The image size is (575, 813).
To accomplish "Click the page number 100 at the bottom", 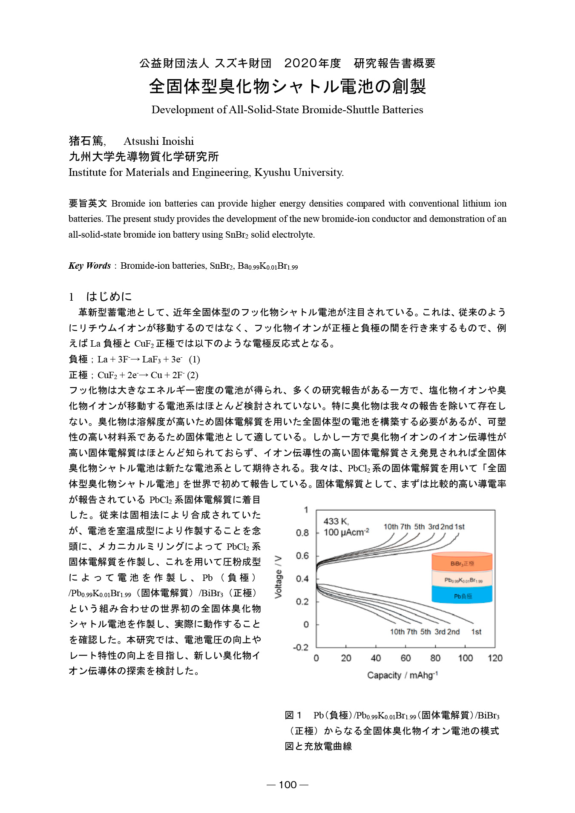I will (x=287, y=784).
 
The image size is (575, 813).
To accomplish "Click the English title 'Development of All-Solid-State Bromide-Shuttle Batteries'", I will (x=287, y=110).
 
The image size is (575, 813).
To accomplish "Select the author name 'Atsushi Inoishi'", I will (x=158, y=141).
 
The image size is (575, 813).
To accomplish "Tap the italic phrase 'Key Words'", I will (x=89, y=266).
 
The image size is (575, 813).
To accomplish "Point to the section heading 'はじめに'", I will (x=109, y=296).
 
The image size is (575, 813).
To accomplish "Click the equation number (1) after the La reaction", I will (x=194, y=359).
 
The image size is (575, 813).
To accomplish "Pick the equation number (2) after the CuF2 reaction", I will (x=193, y=375).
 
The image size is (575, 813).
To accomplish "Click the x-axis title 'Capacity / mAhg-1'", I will (x=402, y=675).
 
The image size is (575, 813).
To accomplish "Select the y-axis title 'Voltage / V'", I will (x=279, y=577).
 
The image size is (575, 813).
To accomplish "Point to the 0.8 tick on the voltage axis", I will (x=302, y=533).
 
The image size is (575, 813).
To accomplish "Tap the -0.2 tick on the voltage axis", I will (x=301, y=647).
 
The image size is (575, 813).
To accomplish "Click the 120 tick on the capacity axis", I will (x=495, y=658).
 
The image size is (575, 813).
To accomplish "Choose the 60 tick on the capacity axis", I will (x=405, y=658).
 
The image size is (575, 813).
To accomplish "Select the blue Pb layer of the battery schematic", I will (x=462, y=595).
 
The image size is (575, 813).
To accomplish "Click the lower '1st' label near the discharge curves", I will (x=476, y=632).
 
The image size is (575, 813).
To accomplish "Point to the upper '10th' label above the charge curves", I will (x=391, y=527).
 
